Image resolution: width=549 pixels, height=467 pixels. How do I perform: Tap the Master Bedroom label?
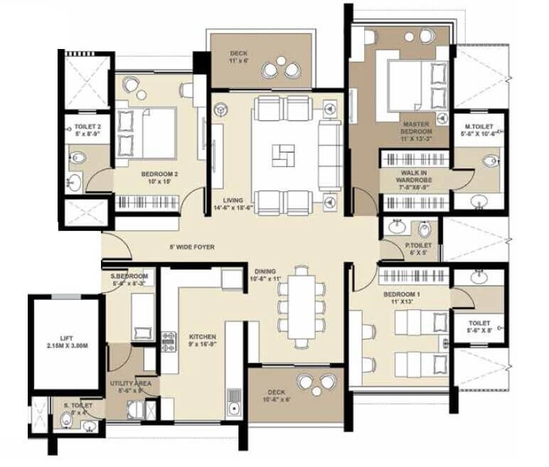416,127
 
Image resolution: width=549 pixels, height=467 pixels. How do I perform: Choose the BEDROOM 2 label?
159,176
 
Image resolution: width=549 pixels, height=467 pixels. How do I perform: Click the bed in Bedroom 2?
146,132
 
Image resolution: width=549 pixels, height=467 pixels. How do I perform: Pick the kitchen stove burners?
169,342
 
